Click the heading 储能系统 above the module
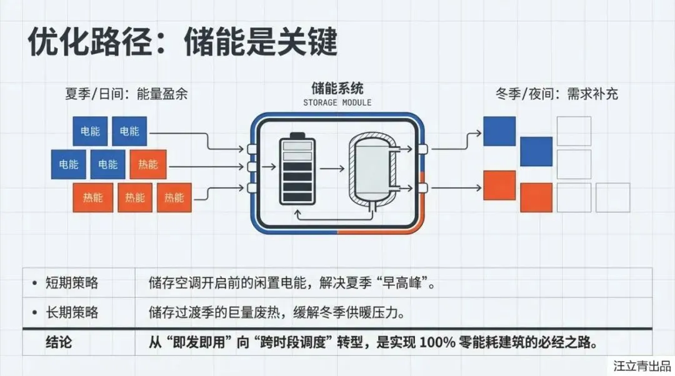[x=337, y=88]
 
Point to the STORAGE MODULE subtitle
[x=337, y=102]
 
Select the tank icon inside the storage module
[x=371, y=170]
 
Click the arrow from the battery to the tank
[x=334, y=169]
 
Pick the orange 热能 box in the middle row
[x=148, y=165]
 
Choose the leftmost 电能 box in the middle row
[x=69, y=165]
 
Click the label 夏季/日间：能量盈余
[x=126, y=95]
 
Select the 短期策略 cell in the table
[x=72, y=283]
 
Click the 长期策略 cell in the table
[x=72, y=312]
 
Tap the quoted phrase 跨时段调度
[x=302, y=342]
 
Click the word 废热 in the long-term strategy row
[x=268, y=312]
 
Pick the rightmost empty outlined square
[x=612, y=197]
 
